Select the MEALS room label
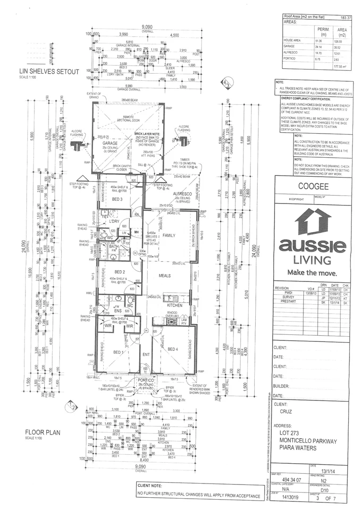click(x=165, y=276)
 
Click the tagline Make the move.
click(x=312, y=273)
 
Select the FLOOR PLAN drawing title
click(x=42, y=432)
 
